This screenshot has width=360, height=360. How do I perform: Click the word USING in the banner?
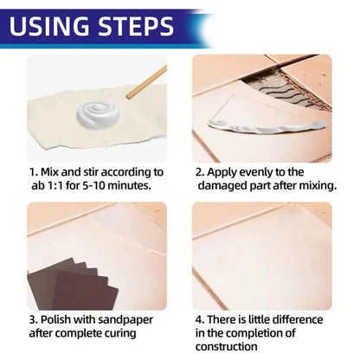[x=49, y=26]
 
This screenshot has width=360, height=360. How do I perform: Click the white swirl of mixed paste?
[x=98, y=115]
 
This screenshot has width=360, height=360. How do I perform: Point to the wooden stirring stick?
[x=146, y=82]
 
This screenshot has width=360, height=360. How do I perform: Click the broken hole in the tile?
[x=288, y=87]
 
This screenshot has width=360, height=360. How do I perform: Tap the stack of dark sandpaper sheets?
[x=73, y=284]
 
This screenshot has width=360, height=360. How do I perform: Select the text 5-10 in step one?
[x=93, y=185]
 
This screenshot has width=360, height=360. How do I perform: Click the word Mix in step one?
[x=49, y=172]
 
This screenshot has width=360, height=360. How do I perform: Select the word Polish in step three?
[x=55, y=320]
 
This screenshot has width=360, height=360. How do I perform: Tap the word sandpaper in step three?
[x=125, y=320]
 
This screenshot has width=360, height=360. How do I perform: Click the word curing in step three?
[x=120, y=334]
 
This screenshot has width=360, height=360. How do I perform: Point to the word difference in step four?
[x=298, y=320]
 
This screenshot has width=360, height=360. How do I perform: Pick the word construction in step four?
[x=227, y=346]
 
